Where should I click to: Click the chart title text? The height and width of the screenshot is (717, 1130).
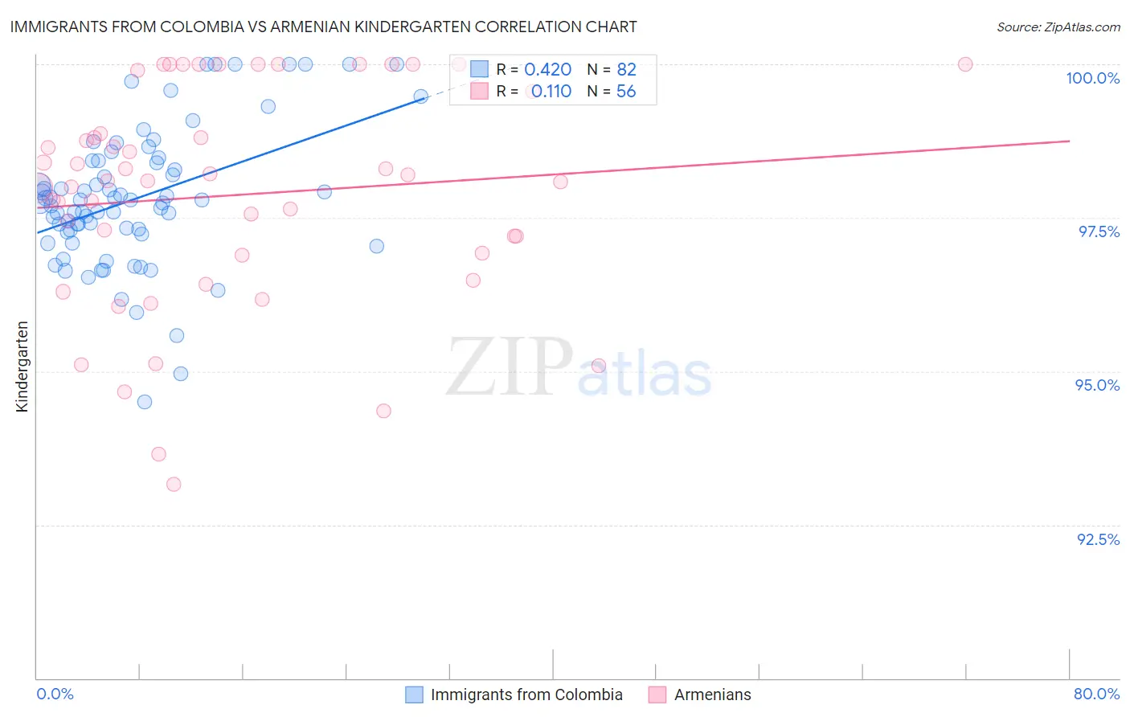(323, 27)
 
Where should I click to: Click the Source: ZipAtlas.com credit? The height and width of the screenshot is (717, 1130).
(1058, 27)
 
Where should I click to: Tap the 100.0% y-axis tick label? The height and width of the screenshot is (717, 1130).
(1092, 78)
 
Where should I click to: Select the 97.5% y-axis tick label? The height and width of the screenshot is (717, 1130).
(1098, 231)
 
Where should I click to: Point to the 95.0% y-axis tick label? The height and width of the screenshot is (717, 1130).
(1097, 385)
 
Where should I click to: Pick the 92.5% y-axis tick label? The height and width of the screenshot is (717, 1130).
(1098, 539)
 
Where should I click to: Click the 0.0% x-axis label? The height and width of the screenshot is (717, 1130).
(55, 694)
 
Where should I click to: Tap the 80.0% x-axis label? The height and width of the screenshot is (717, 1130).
(1096, 694)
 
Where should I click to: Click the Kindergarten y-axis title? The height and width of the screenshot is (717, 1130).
(23, 367)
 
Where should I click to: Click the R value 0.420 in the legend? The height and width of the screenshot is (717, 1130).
(547, 70)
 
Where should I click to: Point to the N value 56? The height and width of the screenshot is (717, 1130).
(626, 92)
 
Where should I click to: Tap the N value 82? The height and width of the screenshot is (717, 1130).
(626, 70)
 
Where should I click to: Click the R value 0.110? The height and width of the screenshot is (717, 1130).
(551, 92)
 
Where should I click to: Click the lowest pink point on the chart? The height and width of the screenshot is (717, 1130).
(174, 484)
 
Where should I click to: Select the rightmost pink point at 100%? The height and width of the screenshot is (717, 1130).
(965, 64)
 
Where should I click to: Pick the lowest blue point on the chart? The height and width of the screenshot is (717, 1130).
(145, 402)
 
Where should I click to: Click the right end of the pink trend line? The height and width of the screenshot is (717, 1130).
(1069, 141)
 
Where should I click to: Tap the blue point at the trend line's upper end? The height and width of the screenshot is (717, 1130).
(420, 96)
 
